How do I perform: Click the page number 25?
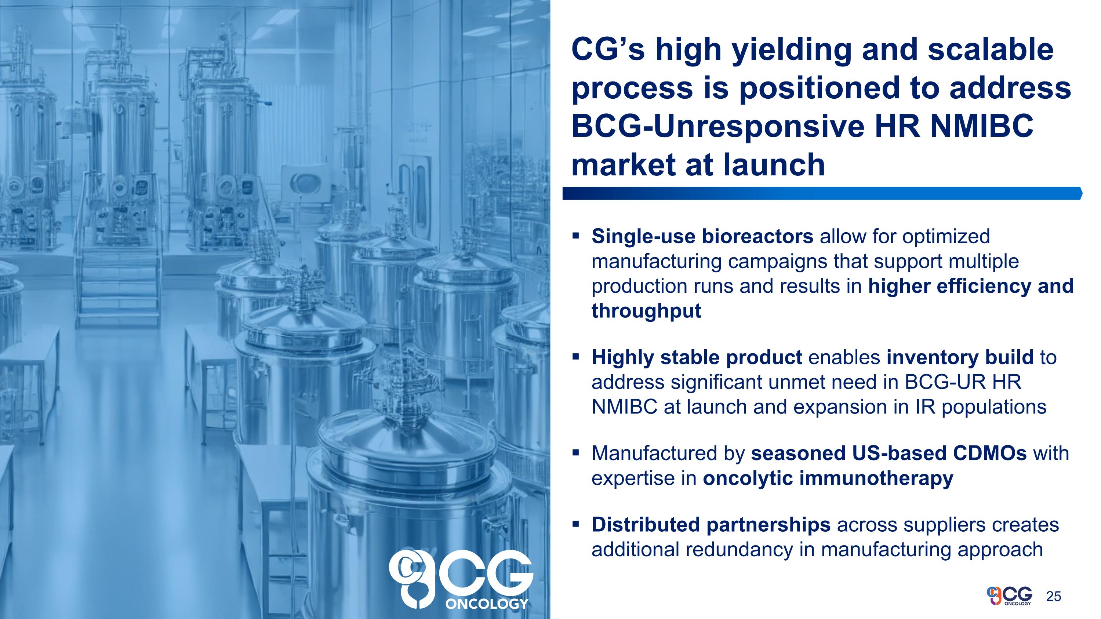click(x=1054, y=596)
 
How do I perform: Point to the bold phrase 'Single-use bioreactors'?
click(x=702, y=236)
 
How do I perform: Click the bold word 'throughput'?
click(x=646, y=310)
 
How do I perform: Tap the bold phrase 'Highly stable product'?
click(x=697, y=357)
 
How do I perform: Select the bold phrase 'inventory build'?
click(x=960, y=357)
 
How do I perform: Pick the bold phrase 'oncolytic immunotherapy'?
click(x=828, y=478)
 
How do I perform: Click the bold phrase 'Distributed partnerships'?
click(x=711, y=525)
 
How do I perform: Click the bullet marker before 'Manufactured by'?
click(x=576, y=452)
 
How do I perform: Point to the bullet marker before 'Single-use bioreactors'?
click(x=576, y=235)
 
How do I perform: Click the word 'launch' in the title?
click(x=774, y=165)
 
